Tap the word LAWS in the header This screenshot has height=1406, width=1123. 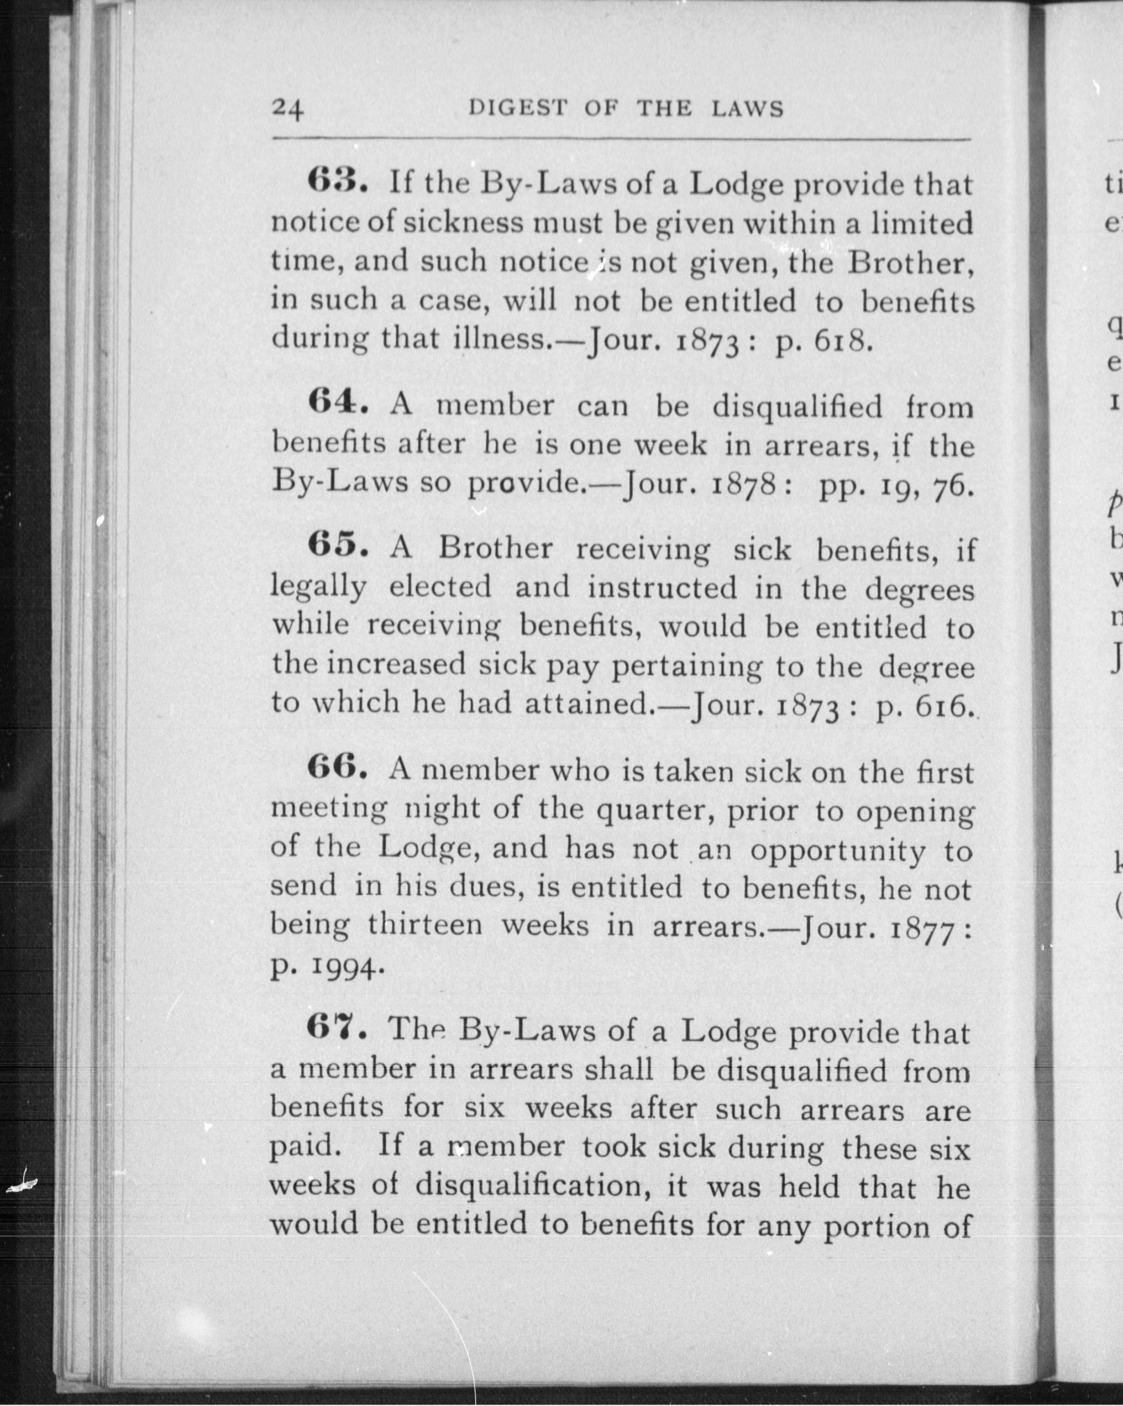pyautogui.click(x=747, y=108)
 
